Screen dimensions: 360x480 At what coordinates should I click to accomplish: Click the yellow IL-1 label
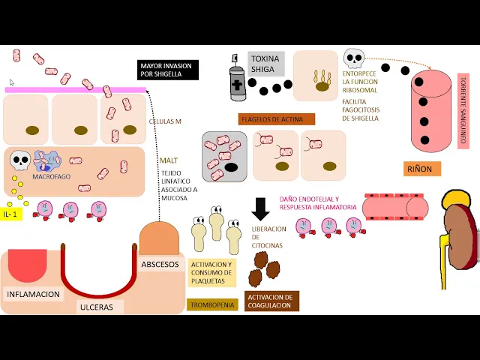point(10,214)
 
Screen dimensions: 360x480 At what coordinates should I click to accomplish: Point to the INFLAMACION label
point(33,294)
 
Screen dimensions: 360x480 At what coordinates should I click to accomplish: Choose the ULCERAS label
point(96,307)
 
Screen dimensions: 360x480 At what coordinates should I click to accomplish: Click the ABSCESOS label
point(159,265)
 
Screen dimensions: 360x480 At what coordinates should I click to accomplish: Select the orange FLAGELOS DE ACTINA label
point(277,118)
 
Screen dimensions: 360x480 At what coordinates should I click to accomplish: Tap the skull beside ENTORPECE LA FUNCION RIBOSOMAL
point(352,58)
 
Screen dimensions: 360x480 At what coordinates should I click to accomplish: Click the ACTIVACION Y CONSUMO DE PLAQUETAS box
point(212,273)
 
